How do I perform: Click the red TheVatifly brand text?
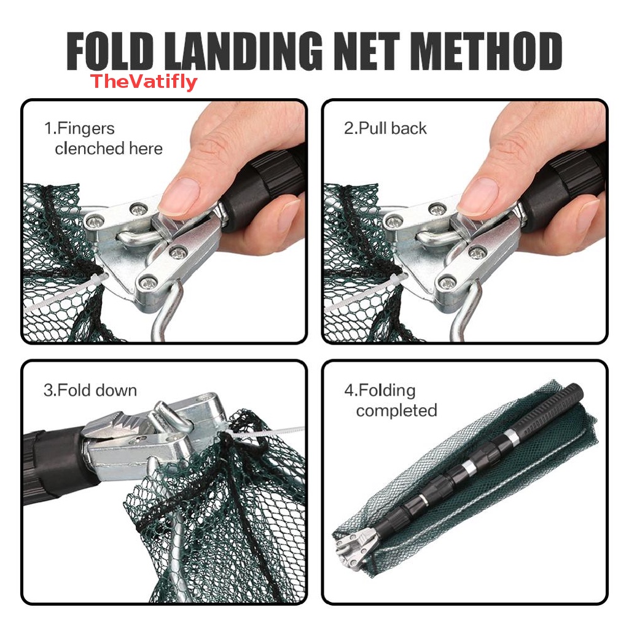coord(144,82)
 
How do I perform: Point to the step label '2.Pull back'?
coord(385,128)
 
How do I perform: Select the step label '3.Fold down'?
coord(90,391)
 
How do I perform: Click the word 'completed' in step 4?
coord(396,410)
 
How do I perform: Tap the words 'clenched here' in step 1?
coord(108,149)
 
